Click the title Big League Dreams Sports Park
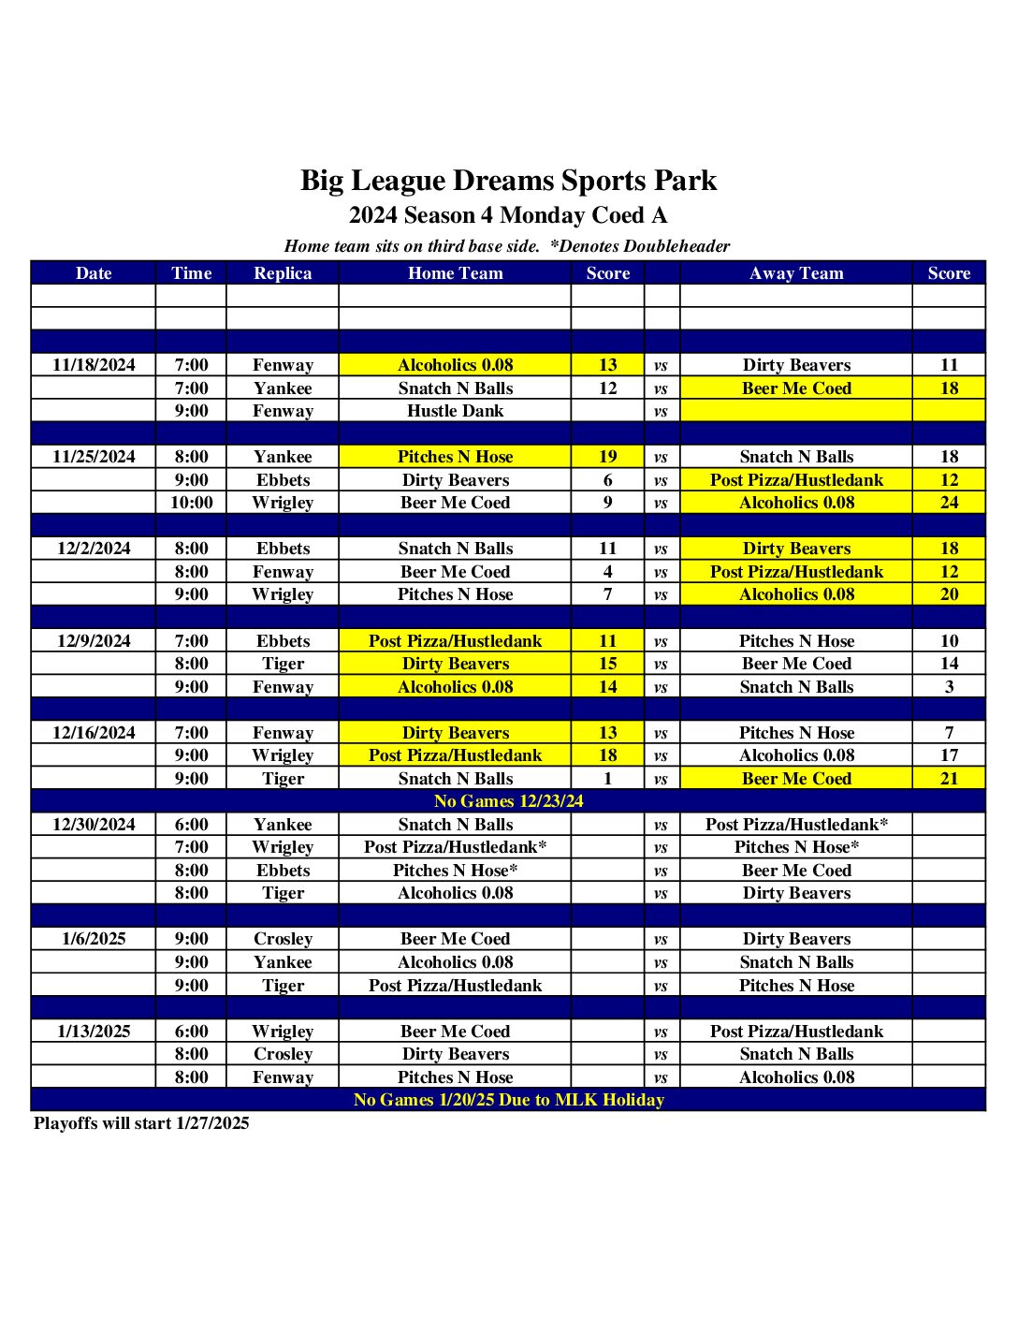coord(508,181)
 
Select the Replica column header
coord(283,273)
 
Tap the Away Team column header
coord(796,273)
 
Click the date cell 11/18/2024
coord(94,365)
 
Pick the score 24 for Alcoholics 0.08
coord(949,503)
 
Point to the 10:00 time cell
coord(191,503)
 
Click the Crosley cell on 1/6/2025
coord(283,939)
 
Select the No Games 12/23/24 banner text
coord(508,801)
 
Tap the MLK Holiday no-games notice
coord(508,1100)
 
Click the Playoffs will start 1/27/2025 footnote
coord(141,1123)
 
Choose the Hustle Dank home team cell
coord(455,411)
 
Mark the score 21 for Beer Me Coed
coord(949,779)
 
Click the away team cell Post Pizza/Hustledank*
coord(796,825)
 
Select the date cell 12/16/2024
coord(94,733)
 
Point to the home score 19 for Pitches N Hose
coord(607,457)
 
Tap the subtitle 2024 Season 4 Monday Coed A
coord(508,215)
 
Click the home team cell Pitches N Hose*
coord(455,871)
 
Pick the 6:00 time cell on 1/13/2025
coord(191,1032)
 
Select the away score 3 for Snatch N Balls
coord(949,687)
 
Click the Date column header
coord(94,273)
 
